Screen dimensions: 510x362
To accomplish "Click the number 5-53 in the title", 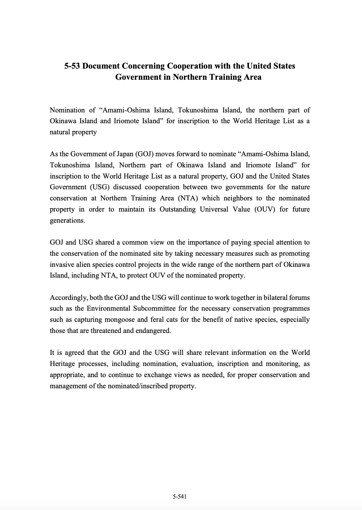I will [x=72, y=66].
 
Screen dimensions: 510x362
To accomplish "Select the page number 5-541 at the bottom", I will [x=180, y=497].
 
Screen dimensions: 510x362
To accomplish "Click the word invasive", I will [x=62, y=265].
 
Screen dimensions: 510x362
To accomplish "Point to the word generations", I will [x=67, y=221].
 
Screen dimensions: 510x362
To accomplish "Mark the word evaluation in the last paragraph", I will [x=197, y=364].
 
